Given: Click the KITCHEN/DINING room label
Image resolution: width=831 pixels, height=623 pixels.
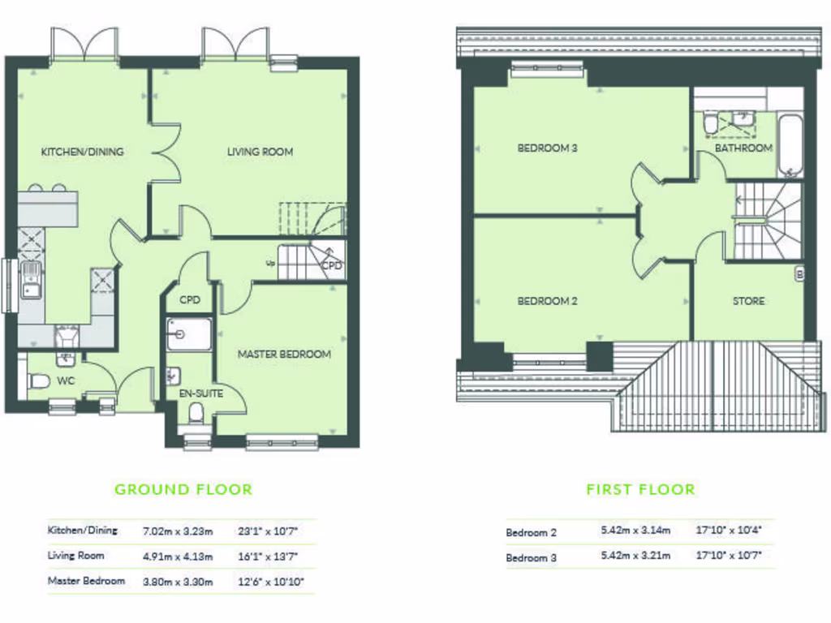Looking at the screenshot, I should (82, 152).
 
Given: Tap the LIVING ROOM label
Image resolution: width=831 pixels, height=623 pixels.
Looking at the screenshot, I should (260, 152).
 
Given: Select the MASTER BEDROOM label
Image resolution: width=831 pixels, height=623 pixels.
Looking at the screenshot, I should (284, 354).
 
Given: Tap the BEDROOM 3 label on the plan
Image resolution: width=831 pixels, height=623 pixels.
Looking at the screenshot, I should (547, 148).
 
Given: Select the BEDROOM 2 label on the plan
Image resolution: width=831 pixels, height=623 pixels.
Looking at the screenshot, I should (547, 301).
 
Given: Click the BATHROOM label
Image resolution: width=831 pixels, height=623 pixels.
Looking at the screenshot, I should (743, 148).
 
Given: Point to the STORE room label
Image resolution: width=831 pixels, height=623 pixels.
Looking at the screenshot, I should (748, 301).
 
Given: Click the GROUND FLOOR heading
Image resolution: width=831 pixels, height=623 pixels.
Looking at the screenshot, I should (183, 489).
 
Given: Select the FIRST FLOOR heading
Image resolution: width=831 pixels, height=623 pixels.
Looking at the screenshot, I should (640, 489).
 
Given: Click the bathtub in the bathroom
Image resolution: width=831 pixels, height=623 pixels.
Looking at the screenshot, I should (790, 146).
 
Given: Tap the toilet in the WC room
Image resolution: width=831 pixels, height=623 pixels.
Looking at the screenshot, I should (38, 381).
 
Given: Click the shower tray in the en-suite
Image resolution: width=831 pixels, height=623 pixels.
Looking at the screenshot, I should (189, 333).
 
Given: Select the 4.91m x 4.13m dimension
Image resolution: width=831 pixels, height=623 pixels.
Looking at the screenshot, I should (178, 556).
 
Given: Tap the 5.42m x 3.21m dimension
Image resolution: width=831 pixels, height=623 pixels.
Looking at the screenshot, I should (636, 556).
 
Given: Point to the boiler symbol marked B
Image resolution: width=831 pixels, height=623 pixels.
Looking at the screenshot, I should (799, 274).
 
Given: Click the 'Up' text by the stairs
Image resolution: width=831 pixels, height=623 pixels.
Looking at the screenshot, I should (270, 263).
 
